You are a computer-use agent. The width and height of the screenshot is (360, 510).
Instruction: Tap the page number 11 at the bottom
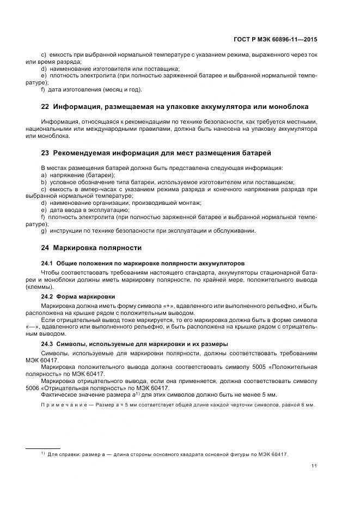click(x=314, y=466)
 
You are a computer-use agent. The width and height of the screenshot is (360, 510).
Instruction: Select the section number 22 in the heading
click(x=45, y=107)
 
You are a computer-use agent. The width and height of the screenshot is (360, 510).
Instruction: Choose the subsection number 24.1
click(x=47, y=263)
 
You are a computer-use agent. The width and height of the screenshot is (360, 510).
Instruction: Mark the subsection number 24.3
click(x=47, y=344)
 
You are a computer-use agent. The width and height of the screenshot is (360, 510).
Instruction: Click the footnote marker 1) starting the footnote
click(x=42, y=453)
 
